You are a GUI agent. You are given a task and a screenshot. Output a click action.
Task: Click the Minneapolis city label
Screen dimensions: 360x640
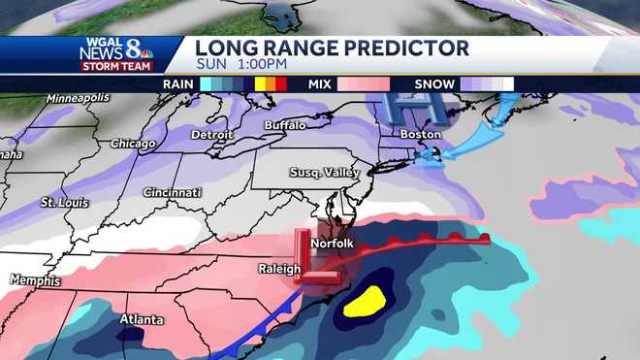(x=77, y=98)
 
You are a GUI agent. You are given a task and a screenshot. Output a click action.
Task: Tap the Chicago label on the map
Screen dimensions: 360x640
(x=134, y=144)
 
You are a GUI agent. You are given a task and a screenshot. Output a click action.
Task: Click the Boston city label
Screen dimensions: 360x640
(x=420, y=134)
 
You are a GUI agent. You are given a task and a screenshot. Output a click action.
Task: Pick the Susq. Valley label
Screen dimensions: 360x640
(x=325, y=173)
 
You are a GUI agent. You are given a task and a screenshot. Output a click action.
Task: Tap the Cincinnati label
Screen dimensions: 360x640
(x=171, y=192)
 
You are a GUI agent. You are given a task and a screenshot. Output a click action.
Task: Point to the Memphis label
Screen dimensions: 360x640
(x=35, y=280)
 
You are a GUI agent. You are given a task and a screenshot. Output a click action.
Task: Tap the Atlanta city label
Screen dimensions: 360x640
(x=142, y=320)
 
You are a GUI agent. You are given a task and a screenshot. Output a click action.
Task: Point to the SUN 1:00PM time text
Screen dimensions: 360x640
(x=240, y=65)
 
